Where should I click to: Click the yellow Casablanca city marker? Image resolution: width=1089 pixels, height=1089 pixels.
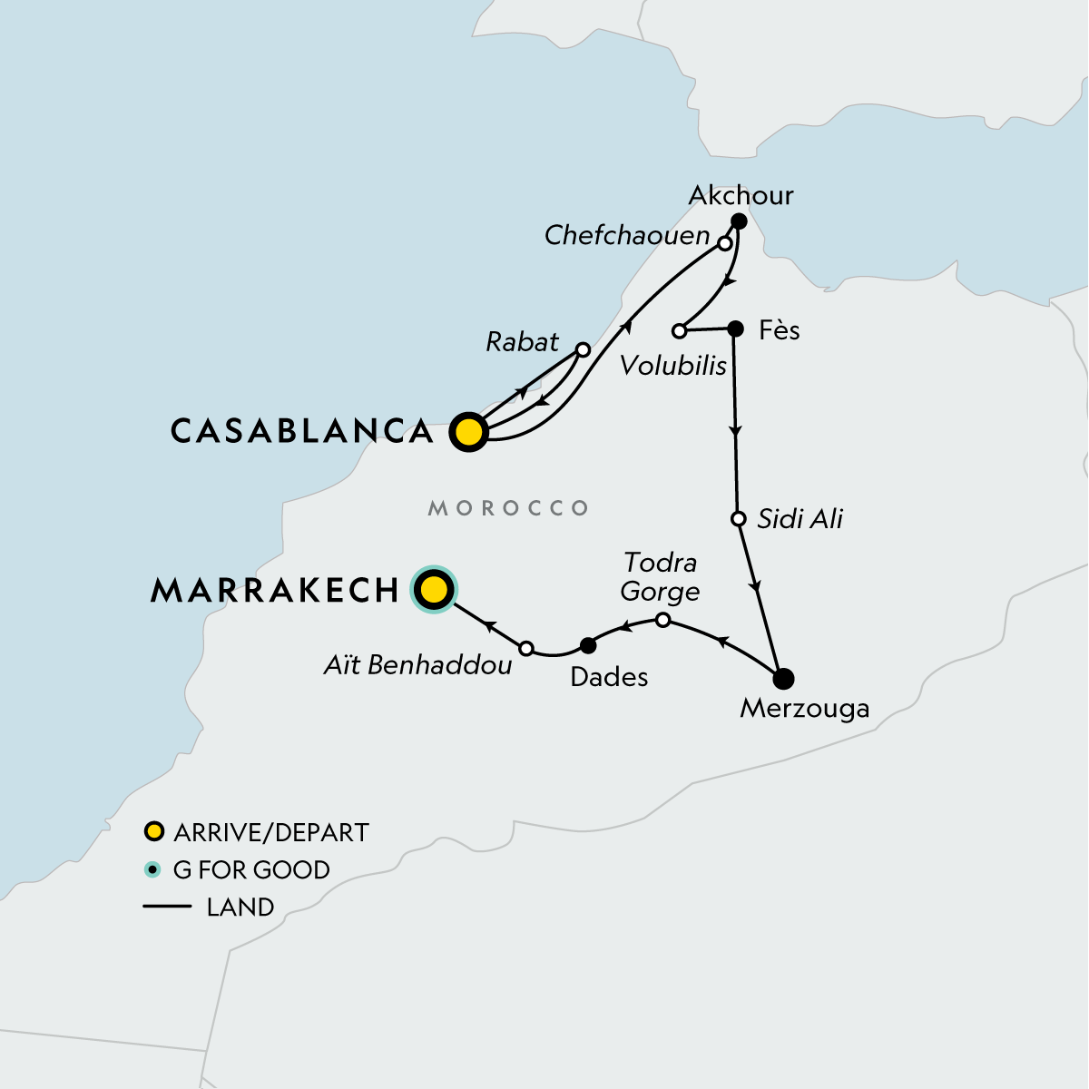468,432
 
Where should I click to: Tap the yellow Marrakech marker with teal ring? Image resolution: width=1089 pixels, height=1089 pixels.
434,590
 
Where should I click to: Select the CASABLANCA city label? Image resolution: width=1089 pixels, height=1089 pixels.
302,431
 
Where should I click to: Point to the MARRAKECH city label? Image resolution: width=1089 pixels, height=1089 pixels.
275,591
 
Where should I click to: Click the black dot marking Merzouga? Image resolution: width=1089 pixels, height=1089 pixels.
783,678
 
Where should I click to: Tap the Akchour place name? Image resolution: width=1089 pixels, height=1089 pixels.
741,195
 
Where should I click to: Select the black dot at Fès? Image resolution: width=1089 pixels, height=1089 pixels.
736,329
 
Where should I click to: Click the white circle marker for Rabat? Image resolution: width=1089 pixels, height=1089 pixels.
584,349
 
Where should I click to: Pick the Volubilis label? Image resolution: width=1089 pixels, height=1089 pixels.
673,365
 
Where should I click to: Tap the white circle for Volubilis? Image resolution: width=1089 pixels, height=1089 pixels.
679,330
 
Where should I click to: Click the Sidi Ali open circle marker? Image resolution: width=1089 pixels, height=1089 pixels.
739,519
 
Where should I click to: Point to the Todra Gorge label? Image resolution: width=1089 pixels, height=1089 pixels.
660,577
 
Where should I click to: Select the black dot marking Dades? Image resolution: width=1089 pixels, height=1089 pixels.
587,645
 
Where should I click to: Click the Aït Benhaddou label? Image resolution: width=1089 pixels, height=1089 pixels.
417,665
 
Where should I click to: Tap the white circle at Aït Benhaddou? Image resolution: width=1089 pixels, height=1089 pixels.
526,648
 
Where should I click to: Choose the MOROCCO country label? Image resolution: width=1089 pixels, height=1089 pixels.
508,508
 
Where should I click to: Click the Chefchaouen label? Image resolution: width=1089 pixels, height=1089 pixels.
627,235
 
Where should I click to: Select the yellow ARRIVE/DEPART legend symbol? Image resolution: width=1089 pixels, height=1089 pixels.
154,831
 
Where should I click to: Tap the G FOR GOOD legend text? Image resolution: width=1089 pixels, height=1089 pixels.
251,869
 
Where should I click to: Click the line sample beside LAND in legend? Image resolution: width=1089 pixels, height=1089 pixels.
167,907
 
